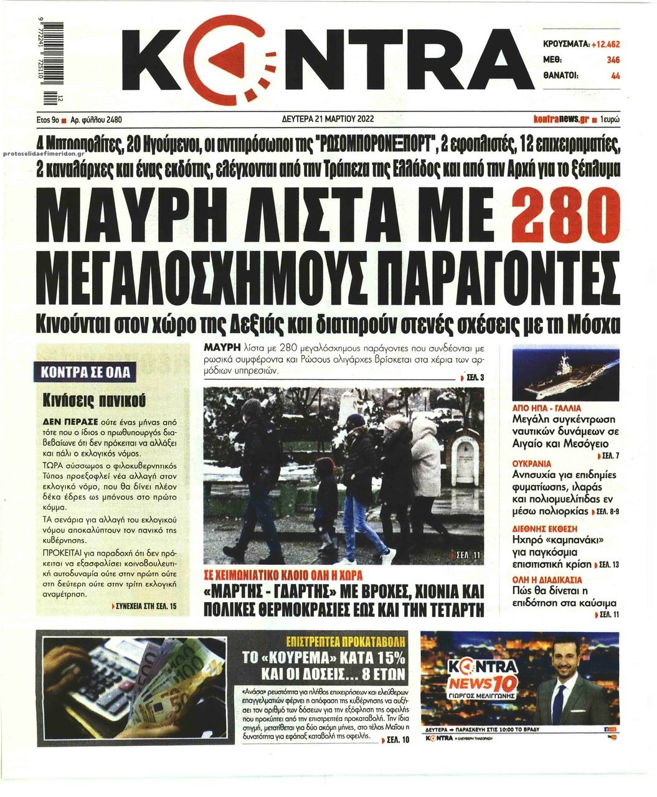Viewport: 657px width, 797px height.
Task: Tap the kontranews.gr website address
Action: click(x=561, y=118)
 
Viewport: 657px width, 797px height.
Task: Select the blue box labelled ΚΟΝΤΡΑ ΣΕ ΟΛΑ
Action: click(x=85, y=372)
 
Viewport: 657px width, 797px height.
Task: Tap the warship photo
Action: click(x=565, y=370)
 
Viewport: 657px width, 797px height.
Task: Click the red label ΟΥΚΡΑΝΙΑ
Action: click(x=531, y=464)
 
